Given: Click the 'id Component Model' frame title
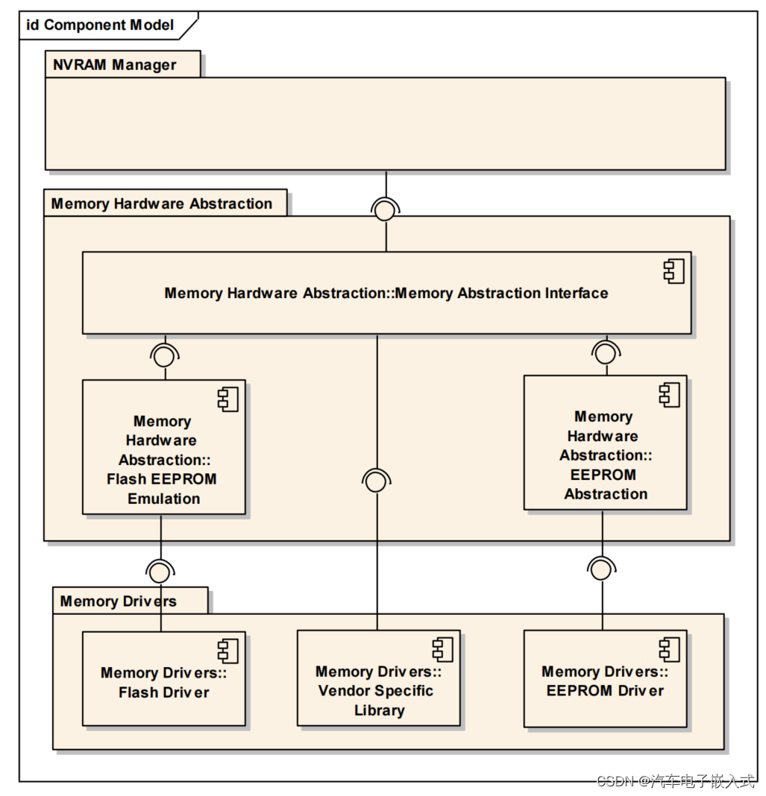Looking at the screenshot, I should click(100, 25).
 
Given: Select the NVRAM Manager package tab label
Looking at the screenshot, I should click(114, 65).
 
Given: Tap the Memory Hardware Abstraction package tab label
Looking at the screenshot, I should click(161, 203).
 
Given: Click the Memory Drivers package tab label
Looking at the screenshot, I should click(118, 601).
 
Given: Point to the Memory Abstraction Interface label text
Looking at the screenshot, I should click(386, 293).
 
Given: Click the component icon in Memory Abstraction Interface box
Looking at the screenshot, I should click(674, 272).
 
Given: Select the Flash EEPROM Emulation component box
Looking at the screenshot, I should click(163, 447).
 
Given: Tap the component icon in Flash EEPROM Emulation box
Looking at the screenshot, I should click(227, 399).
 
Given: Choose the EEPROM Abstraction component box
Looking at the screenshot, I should click(605, 443).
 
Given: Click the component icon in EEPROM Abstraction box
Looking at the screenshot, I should click(669, 395).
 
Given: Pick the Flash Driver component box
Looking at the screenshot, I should click(163, 679).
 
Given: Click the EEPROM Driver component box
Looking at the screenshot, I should click(605, 679).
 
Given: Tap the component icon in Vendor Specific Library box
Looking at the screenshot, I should click(442, 650).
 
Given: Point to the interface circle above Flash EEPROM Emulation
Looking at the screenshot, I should click(163, 356).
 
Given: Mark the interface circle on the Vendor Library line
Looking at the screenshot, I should click(376, 482).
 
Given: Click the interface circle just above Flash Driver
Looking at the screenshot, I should click(159, 572).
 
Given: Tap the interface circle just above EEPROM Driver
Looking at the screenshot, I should click(600, 570).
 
